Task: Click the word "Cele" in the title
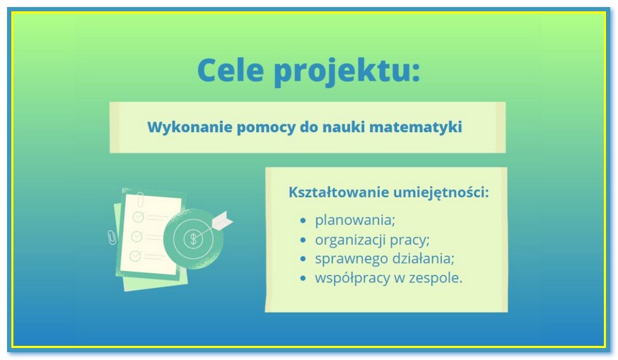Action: tap(231, 70)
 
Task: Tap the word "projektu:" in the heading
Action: tap(347, 71)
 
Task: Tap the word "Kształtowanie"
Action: tap(339, 192)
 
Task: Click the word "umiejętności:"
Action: tap(441, 193)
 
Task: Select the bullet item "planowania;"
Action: tap(355, 220)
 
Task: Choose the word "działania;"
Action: tap(423, 259)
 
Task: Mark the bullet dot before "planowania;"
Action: tap(303, 221)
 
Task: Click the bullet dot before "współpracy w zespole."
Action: tap(303, 279)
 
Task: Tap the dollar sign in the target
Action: tap(193, 238)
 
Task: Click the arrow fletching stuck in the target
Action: tap(222, 221)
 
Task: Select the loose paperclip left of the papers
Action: tap(112, 237)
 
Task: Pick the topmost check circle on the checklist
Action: tap(139, 216)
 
